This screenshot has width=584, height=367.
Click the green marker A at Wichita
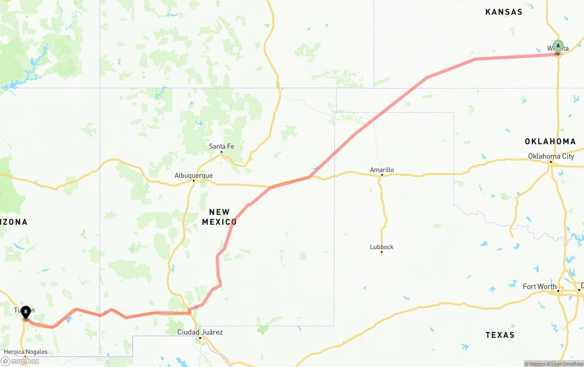tap(558, 47)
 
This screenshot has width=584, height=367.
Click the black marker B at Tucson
tap(26, 312)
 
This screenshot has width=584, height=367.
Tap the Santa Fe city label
tap(221, 146)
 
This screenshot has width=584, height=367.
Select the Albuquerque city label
tap(193, 176)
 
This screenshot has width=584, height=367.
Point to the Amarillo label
tap(382, 170)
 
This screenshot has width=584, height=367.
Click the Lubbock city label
tap(381, 247)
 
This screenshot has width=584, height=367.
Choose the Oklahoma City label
tap(551, 156)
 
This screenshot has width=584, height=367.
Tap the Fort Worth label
tap(539, 287)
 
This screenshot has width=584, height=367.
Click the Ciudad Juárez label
tap(200, 332)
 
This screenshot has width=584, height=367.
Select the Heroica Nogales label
tap(26, 352)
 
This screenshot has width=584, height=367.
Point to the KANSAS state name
tap(504, 12)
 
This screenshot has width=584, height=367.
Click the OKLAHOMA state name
tap(550, 142)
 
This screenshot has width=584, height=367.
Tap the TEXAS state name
tap(500, 335)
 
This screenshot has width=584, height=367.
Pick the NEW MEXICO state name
tap(219, 217)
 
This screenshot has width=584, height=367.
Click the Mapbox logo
tap(20, 361)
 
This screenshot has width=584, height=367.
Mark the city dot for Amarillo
tap(382, 175)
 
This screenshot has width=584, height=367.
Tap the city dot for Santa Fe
tap(221, 152)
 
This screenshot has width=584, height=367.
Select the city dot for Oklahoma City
tap(551, 162)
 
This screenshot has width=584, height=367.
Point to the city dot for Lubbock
tap(381, 252)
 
